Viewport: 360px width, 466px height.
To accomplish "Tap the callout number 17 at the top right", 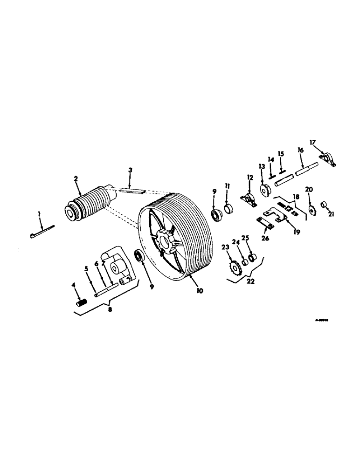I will coord(313,142).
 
